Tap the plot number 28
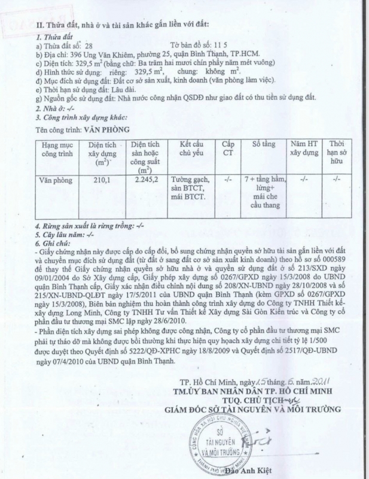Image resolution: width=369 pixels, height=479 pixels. (x=89, y=45)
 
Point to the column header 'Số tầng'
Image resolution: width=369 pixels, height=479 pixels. (x=263, y=145)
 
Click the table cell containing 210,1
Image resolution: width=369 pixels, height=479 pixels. (x=99, y=179)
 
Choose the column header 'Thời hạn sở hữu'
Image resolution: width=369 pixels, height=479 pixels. (x=337, y=153)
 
